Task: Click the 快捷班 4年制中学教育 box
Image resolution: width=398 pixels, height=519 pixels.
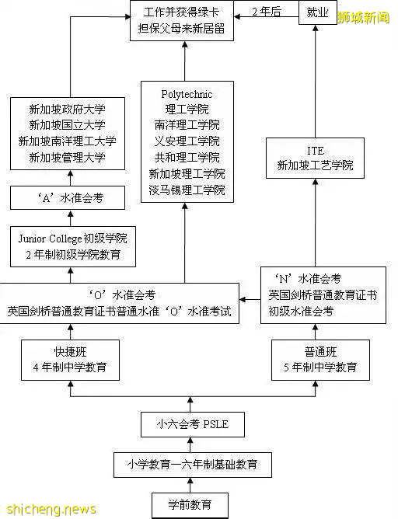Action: click(x=71, y=359)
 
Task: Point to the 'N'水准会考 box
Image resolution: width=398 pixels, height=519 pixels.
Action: click(x=323, y=294)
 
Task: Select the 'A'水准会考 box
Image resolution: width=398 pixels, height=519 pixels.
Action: click(x=71, y=198)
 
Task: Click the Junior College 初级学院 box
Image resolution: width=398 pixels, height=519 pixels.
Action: click(x=71, y=246)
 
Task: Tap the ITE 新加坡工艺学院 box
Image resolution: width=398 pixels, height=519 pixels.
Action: click(x=315, y=158)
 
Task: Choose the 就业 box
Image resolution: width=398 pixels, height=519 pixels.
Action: click(x=317, y=13)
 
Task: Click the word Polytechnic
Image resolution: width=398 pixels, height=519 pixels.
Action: click(x=187, y=95)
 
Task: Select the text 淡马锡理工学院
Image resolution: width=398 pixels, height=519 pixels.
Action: click(x=187, y=190)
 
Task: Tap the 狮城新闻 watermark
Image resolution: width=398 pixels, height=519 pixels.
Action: click(x=363, y=17)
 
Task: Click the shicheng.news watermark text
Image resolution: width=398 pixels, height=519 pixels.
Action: click(x=48, y=509)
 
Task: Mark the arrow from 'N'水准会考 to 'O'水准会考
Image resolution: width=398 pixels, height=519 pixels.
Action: click(x=250, y=297)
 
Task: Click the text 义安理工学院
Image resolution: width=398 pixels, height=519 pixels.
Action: click(x=187, y=141)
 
